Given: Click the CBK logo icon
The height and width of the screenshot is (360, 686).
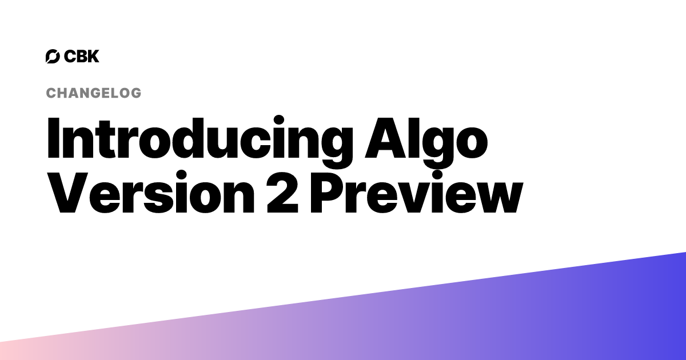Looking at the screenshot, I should pyautogui.click(x=53, y=56).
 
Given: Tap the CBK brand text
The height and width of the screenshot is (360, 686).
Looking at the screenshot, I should pyautogui.click(x=82, y=56).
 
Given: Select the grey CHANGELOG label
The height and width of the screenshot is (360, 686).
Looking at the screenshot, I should pyautogui.click(x=93, y=93).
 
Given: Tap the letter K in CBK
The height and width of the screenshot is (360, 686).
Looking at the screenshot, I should pyautogui.click(x=93, y=56).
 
